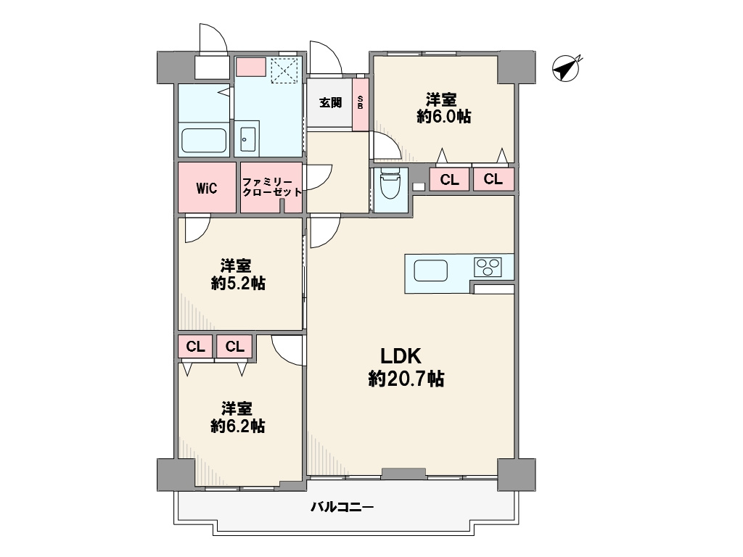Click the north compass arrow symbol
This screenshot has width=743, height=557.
point(566,69)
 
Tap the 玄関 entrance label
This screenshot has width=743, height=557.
point(330,102)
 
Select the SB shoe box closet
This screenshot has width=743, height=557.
point(361,104)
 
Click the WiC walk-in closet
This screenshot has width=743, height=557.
point(207,188)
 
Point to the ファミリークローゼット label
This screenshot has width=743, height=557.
point(271,187)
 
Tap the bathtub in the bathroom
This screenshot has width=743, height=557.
point(204,140)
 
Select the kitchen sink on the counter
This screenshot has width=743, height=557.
point(431,271)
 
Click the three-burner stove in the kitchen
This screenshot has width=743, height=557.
point(488,267)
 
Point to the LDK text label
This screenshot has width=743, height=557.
point(401,355)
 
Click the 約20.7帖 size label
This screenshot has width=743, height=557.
point(406,379)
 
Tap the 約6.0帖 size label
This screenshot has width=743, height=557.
point(443,117)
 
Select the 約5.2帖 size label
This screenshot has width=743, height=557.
point(238,284)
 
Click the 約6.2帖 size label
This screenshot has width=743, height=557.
point(238,426)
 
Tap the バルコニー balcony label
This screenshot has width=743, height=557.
point(342,507)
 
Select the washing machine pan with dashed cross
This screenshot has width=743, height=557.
point(285,70)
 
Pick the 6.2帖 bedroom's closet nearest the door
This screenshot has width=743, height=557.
point(235,347)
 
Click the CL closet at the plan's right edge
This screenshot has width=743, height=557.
point(493,180)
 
